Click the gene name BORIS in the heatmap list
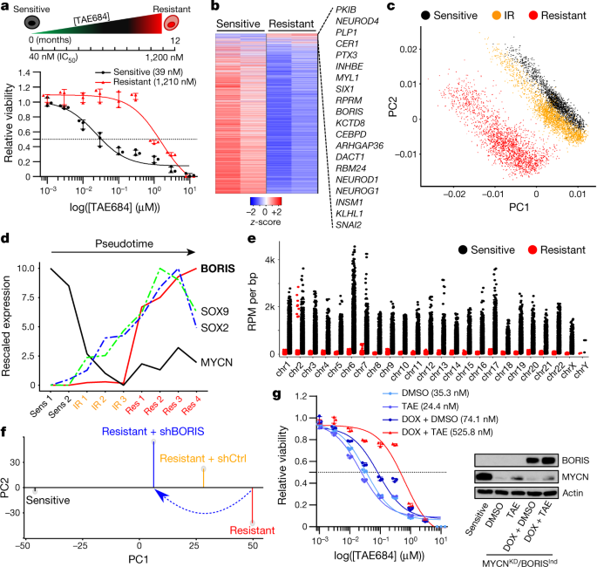point(349,112)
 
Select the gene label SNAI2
point(349,225)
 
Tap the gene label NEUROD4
point(357,21)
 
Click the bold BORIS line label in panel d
point(218,269)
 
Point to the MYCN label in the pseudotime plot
point(216,362)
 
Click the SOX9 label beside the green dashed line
point(214,311)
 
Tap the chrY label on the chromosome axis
point(581,369)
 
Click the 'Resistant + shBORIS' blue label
point(153,431)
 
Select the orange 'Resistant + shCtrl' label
point(203,458)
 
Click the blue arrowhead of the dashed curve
point(162,496)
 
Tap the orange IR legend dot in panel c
point(497,16)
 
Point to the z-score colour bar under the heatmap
point(266,202)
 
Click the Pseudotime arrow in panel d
point(123,252)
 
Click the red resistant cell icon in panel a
point(172,24)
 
